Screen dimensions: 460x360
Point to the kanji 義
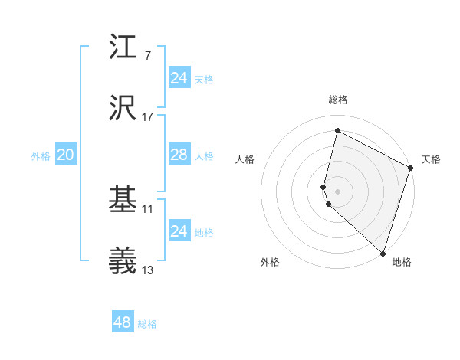click(123, 260)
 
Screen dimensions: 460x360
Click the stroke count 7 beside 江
click(147, 55)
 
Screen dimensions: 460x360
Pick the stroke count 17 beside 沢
click(147, 116)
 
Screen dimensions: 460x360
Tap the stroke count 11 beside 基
click(148, 208)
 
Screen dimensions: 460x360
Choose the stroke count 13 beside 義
click(148, 270)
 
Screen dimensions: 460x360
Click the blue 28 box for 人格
click(179, 155)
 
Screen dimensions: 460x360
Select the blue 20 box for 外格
click(66, 155)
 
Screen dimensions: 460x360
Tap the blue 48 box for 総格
click(123, 322)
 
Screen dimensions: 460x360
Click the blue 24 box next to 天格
click(179, 78)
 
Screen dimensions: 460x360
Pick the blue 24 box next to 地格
click(179, 231)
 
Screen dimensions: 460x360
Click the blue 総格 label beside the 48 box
click(148, 324)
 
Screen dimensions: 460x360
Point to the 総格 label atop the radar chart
click(337, 100)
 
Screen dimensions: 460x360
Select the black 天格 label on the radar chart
click(432, 159)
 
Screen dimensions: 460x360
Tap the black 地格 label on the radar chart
click(402, 262)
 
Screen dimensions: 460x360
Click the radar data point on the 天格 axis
click(411, 169)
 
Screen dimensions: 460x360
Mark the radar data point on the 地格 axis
click(383, 253)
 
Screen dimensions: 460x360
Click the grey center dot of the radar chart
click(337, 191)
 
